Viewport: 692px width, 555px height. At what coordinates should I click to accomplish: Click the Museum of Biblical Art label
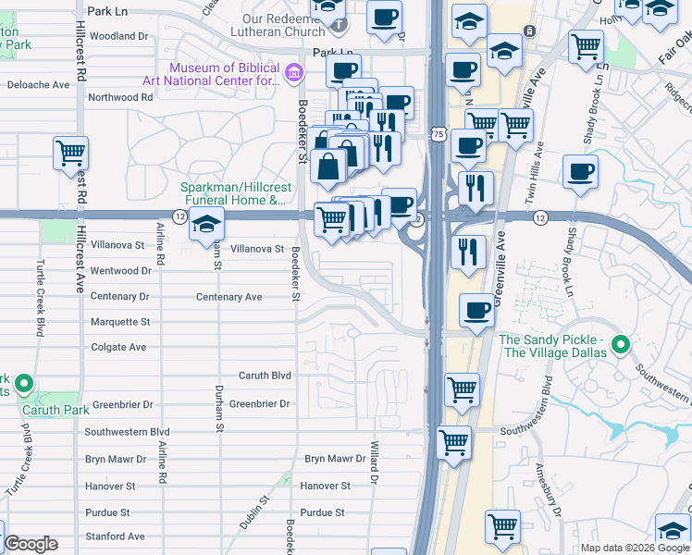tap(223, 73)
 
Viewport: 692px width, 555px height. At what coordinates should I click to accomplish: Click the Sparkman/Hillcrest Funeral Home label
tap(232, 193)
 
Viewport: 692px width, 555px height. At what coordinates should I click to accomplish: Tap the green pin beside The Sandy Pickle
tap(622, 346)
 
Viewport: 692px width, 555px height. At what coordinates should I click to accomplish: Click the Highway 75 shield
tap(439, 135)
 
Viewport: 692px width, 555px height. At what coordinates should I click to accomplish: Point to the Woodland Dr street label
tap(119, 36)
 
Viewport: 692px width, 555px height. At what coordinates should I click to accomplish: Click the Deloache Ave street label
tap(38, 84)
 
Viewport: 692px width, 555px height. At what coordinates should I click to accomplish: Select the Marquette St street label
tap(120, 322)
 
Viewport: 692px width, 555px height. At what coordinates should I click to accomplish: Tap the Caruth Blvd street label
tap(265, 376)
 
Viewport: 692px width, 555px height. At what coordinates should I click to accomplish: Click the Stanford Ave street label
tap(115, 536)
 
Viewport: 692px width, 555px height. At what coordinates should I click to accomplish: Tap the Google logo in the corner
tap(31, 544)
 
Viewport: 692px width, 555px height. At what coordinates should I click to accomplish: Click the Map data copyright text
tap(634, 548)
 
